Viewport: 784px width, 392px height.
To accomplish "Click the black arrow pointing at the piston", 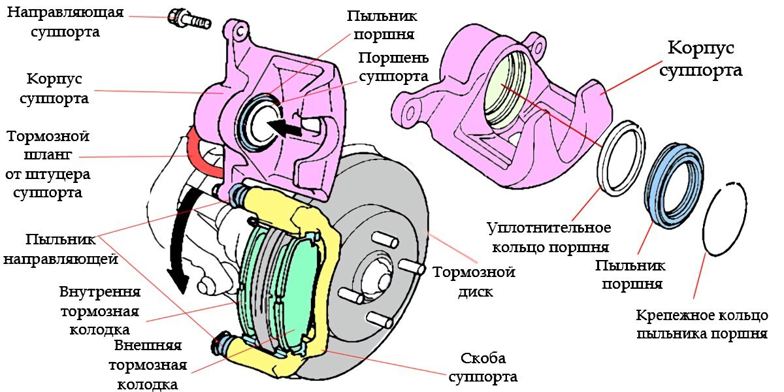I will [x=286, y=125].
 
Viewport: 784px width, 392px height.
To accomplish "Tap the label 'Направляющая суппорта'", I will [x=65, y=22].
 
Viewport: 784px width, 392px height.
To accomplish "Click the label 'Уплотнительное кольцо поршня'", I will [x=549, y=237].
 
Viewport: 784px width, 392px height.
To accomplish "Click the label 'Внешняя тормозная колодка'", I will [x=148, y=364].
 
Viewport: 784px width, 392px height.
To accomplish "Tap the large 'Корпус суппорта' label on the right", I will [x=700, y=59].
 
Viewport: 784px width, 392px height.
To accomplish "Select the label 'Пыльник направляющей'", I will [x=60, y=249].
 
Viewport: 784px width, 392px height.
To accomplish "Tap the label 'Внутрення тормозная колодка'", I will [x=100, y=310].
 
